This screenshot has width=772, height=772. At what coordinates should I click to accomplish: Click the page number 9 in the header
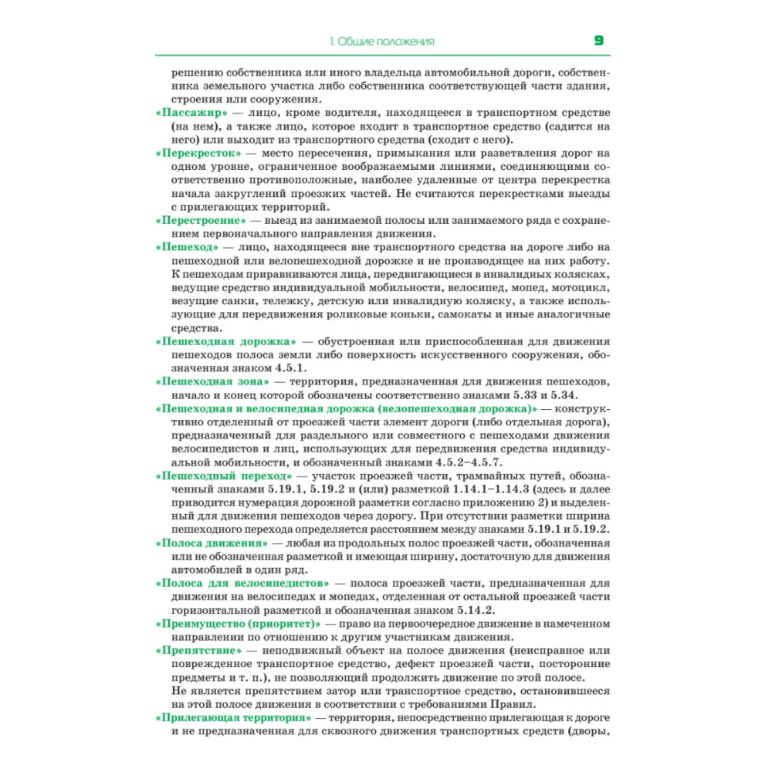coord(599,40)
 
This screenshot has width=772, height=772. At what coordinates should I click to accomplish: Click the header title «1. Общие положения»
coord(381,41)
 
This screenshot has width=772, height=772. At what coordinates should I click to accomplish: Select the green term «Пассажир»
coord(190,113)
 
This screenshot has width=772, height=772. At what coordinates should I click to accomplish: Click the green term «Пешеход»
coord(187,247)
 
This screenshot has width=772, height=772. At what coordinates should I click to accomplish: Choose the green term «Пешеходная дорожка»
coord(226,341)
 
